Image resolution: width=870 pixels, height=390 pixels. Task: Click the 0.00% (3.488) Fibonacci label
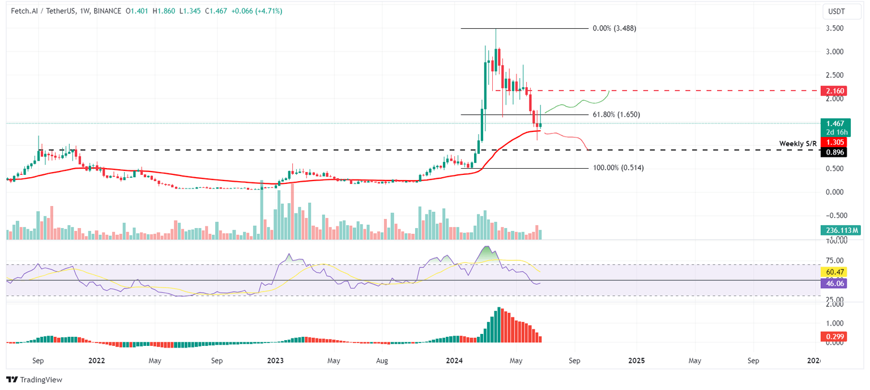tap(614, 28)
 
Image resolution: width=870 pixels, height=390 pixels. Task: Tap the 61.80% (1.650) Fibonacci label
tap(616, 114)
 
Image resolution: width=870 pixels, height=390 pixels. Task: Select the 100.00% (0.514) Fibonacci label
tap(618, 168)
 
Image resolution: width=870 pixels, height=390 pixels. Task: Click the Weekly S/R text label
tap(798, 143)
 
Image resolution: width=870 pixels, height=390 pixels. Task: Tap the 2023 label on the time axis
tap(276, 361)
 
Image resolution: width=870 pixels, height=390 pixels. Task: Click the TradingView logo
tap(35, 380)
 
